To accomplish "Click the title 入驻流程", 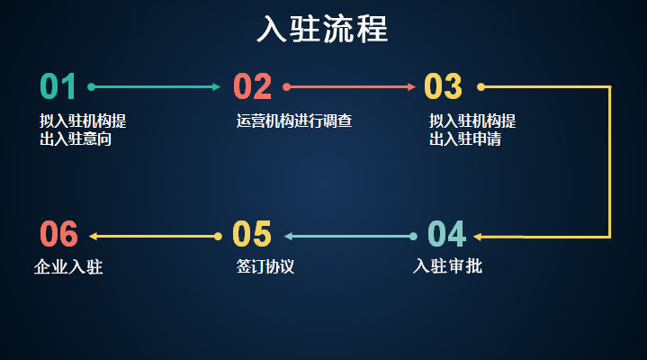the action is point(322,29).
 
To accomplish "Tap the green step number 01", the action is point(58,86).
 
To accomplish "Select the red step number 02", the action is point(253,86).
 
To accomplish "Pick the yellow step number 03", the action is point(443,86).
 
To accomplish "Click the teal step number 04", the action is point(447,234).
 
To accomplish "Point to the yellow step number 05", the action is point(252,234).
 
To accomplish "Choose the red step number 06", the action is point(59,234).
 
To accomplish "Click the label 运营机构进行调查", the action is point(294,121).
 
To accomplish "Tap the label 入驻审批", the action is point(448,266).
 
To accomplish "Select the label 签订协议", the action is point(265,266).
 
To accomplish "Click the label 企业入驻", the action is point(68,266).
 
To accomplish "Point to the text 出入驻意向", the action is point(76,139).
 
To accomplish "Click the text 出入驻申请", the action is point(465,139).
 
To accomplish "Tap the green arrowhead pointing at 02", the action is point(217,86).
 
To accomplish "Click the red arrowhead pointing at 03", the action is point(411,86).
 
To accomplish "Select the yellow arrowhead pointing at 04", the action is point(478,237).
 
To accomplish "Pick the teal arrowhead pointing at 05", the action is point(289,236).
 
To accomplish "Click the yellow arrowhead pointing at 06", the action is point(94,236).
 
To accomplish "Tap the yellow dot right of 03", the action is point(481,86).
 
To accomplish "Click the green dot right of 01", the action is point(92,86).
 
